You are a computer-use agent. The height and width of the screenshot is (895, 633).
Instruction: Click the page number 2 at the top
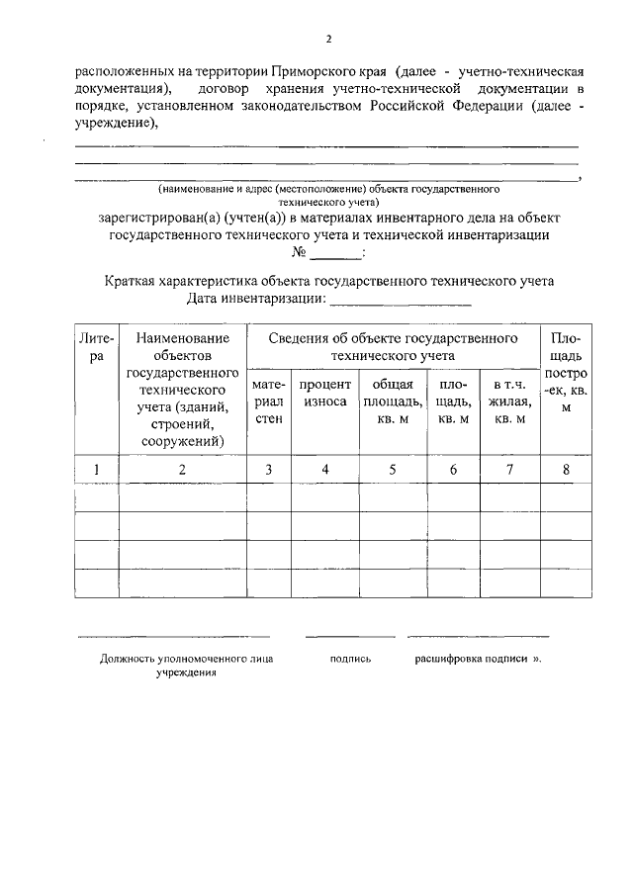pos(328,40)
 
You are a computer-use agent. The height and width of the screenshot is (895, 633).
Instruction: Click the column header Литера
pos(95,347)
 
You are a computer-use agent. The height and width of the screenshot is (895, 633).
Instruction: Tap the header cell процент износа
pos(324,393)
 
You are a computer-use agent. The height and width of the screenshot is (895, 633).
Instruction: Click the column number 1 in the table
pos(95,470)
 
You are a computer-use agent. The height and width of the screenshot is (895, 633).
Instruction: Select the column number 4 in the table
pos(324,470)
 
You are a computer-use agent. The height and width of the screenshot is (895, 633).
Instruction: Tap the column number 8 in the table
pos(566,470)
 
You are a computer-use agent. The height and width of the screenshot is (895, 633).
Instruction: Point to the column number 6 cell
pos(453,470)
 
